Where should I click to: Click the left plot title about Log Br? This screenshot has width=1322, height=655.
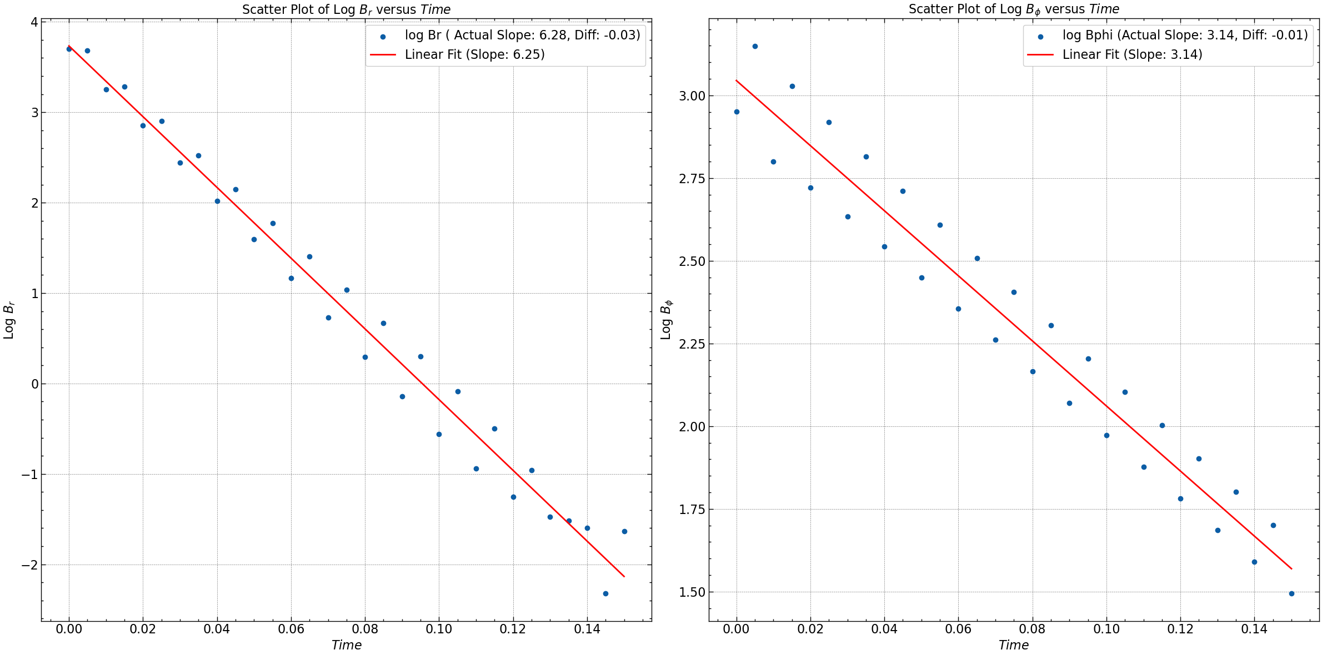click(x=346, y=9)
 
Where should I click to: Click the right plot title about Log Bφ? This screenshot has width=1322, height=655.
click(x=1014, y=9)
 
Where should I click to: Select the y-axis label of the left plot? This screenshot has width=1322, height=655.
click(x=9, y=320)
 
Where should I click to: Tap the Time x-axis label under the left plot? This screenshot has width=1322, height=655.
click(x=346, y=645)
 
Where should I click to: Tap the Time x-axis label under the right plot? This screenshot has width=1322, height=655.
click(x=1013, y=645)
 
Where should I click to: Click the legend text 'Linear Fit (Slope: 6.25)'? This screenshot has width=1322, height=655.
click(x=474, y=54)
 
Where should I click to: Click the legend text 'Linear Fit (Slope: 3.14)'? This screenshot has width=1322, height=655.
click(x=1132, y=54)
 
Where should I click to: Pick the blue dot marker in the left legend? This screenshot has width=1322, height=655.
click(x=383, y=37)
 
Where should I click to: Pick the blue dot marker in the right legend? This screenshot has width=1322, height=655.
click(x=1040, y=37)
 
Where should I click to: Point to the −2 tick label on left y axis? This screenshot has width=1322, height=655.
click(x=30, y=565)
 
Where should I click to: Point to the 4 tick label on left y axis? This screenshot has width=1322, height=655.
click(x=34, y=22)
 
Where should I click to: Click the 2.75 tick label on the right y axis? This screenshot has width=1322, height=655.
click(x=692, y=179)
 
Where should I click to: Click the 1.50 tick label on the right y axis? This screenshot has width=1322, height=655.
click(x=692, y=592)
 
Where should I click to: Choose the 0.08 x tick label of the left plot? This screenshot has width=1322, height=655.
click(x=365, y=629)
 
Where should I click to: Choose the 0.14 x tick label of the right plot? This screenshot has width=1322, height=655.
click(x=1254, y=629)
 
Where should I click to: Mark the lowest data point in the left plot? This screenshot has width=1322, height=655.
click(x=605, y=593)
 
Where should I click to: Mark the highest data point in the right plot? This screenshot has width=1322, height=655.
click(x=755, y=46)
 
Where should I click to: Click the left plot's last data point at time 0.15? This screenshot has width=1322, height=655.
click(x=624, y=531)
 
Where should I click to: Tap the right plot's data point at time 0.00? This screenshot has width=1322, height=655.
click(x=737, y=112)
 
